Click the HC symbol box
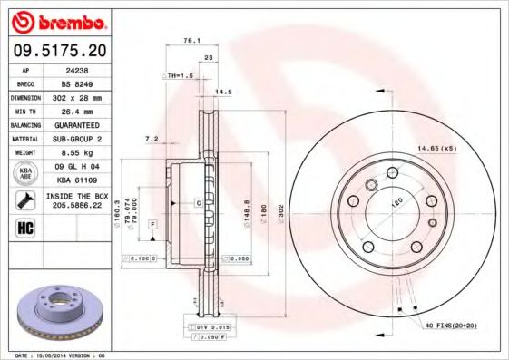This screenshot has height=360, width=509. click(25, 227)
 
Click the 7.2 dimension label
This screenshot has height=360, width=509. click(152, 139)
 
